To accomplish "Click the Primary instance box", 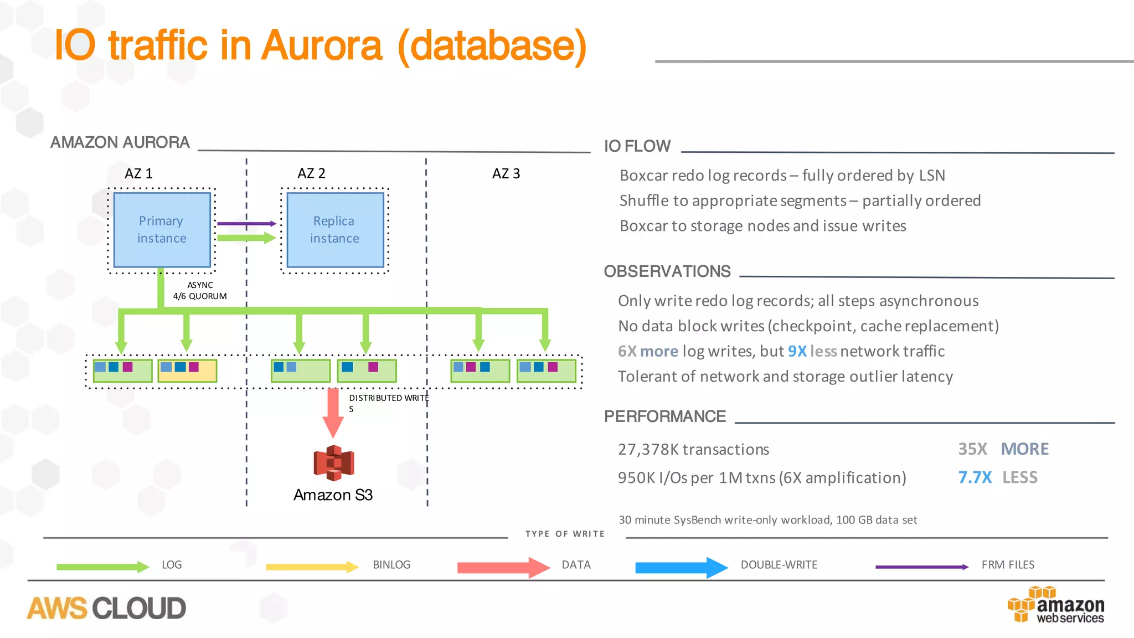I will (x=162, y=230).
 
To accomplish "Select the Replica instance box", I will (x=334, y=230).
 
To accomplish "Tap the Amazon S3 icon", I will (x=333, y=462).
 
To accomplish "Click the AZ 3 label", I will (x=506, y=174).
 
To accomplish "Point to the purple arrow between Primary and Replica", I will (x=246, y=224).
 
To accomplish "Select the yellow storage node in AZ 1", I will (x=187, y=371).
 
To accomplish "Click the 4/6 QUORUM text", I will (x=200, y=296).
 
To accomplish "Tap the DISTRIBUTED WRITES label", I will (x=388, y=398).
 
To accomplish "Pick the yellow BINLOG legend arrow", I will (x=312, y=567).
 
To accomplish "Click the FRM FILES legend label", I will (x=1008, y=565).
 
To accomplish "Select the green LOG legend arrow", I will (x=102, y=567).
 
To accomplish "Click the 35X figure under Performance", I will (x=972, y=449).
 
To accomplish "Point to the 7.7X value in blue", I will (x=975, y=477).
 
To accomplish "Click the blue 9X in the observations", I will (x=797, y=351).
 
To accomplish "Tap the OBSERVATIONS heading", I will (x=667, y=271).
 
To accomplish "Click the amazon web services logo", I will (x=1056, y=605).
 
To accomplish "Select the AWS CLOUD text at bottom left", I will (x=106, y=608).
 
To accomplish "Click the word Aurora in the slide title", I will (x=321, y=45).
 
